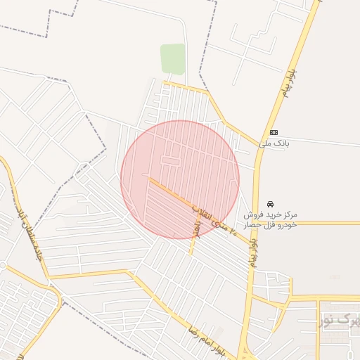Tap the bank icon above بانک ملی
[274, 132]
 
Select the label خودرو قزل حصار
[271, 224]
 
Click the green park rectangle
[172, 59]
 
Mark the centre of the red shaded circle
[180, 179]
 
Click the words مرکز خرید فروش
[271, 214]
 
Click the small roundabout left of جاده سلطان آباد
[2, 266]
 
